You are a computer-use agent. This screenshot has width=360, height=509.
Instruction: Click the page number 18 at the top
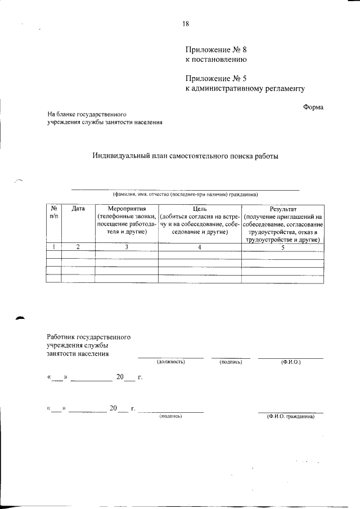click(186, 24)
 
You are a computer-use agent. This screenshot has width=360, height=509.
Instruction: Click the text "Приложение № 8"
click(216, 49)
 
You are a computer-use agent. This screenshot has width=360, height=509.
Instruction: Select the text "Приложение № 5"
click(216, 78)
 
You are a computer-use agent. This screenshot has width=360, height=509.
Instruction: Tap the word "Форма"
click(313, 107)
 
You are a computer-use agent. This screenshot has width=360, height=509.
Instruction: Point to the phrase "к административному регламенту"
click(245, 88)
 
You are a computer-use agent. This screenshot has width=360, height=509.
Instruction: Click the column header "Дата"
click(78, 209)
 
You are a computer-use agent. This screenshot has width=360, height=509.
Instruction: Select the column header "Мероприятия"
click(127, 209)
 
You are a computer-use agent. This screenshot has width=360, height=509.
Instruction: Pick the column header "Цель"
click(200, 209)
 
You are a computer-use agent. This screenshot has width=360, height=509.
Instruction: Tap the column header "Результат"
click(282, 209)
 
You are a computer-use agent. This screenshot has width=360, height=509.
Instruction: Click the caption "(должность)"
click(171, 362)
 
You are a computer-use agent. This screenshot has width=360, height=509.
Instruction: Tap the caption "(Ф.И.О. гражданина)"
click(291, 417)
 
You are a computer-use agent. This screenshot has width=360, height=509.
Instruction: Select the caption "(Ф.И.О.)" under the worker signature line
click(291, 362)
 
